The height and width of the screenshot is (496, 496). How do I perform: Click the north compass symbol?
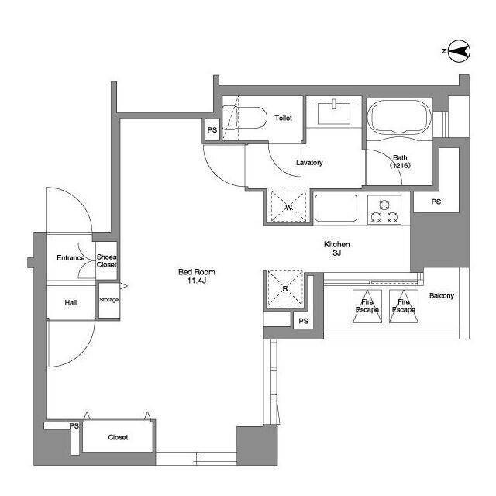pyautogui.click(x=459, y=50)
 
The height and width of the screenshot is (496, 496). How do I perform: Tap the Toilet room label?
pyautogui.click(x=283, y=118)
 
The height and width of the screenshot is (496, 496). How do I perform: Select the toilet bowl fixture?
pyautogui.click(x=244, y=118)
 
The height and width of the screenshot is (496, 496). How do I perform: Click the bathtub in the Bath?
pyautogui.click(x=401, y=118)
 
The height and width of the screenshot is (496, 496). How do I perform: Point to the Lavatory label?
pyautogui.click(x=309, y=162)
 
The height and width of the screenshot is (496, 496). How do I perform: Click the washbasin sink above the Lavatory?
pyautogui.click(x=334, y=113)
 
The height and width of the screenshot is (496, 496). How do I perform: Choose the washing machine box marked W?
pyautogui.click(x=288, y=207)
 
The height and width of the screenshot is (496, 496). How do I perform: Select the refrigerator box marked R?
pyautogui.click(x=285, y=288)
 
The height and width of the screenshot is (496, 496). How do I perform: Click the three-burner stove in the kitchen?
pyautogui.click(x=384, y=210)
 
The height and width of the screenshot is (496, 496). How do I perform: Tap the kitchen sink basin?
pyautogui.click(x=336, y=208)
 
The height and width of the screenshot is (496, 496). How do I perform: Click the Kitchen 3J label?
pyautogui.click(x=337, y=248)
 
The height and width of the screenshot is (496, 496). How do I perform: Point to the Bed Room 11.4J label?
pyautogui.click(x=196, y=276)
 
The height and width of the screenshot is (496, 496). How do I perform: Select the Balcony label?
pyautogui.click(x=442, y=296)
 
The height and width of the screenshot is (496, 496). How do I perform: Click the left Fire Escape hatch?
pyautogui.click(x=367, y=306)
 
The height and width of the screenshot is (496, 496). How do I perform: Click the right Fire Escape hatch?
pyautogui.click(x=404, y=306)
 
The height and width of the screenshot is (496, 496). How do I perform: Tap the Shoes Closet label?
pyautogui.click(x=107, y=260)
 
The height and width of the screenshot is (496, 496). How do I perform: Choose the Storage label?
pyautogui.click(x=108, y=300)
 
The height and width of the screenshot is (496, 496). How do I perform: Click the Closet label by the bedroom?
pyautogui.click(x=118, y=437)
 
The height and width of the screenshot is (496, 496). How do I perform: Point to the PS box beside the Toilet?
pyautogui.click(x=212, y=129)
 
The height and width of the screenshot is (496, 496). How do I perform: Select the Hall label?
pyautogui.click(x=71, y=303)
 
